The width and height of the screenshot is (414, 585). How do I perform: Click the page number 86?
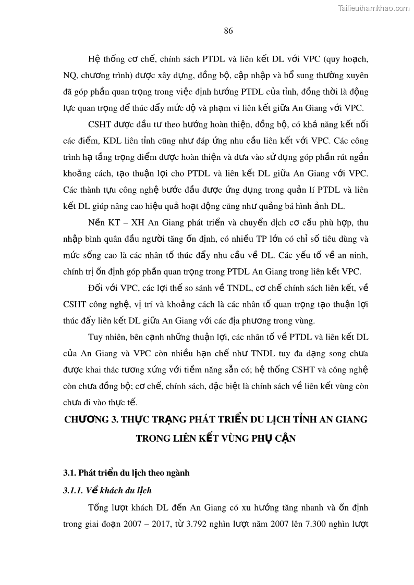coord(228,30)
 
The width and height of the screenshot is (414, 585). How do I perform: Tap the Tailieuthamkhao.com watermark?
coord(374,7)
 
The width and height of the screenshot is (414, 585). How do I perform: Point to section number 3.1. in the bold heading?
coord(70,473)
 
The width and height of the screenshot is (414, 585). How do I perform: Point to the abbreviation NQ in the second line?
coord(70,76)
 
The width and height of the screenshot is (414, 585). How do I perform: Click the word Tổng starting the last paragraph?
coord(100,507)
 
